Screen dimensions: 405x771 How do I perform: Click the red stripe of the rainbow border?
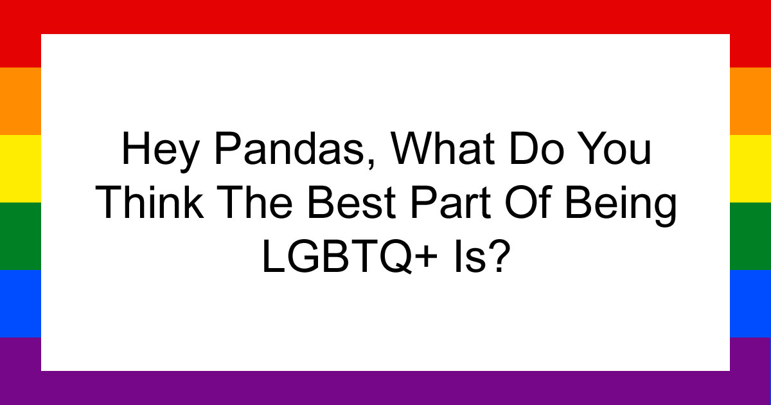coord(385,16)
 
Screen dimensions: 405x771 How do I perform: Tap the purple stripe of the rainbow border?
coord(385,388)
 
